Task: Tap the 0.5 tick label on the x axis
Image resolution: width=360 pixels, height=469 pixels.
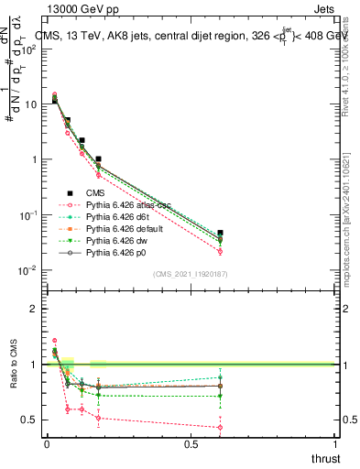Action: [191, 444]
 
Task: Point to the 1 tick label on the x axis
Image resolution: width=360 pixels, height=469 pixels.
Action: [335, 444]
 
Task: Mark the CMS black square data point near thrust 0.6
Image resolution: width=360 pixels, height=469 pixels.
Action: [220, 234]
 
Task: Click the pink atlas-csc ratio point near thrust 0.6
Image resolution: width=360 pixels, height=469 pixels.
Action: [220, 427]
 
